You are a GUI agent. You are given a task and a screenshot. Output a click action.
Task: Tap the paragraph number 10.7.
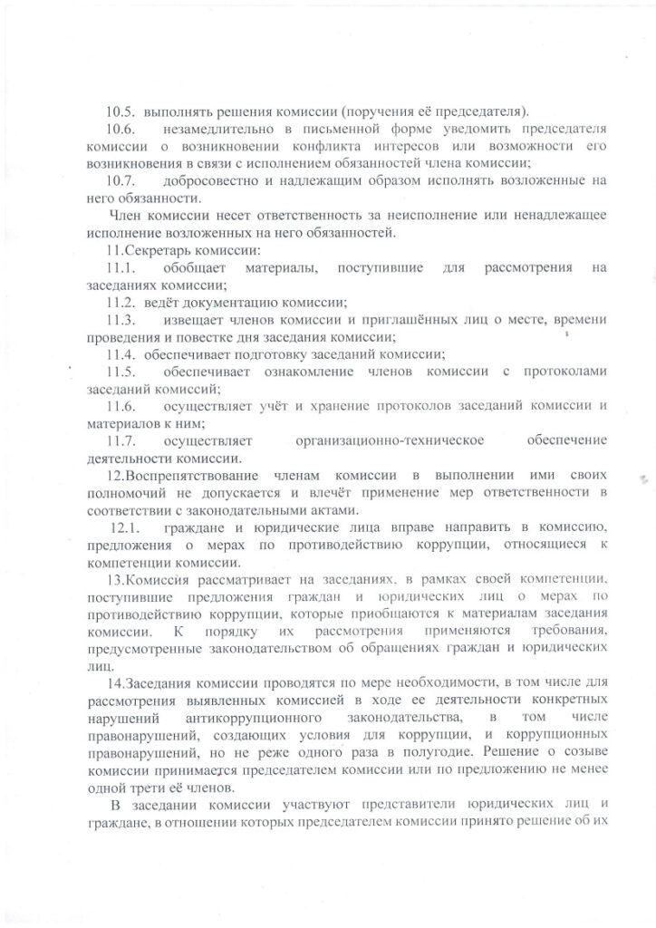click(x=121, y=180)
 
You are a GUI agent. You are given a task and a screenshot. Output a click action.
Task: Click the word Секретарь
click(x=159, y=249)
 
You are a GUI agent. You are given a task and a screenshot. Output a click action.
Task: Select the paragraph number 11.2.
click(x=121, y=302)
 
